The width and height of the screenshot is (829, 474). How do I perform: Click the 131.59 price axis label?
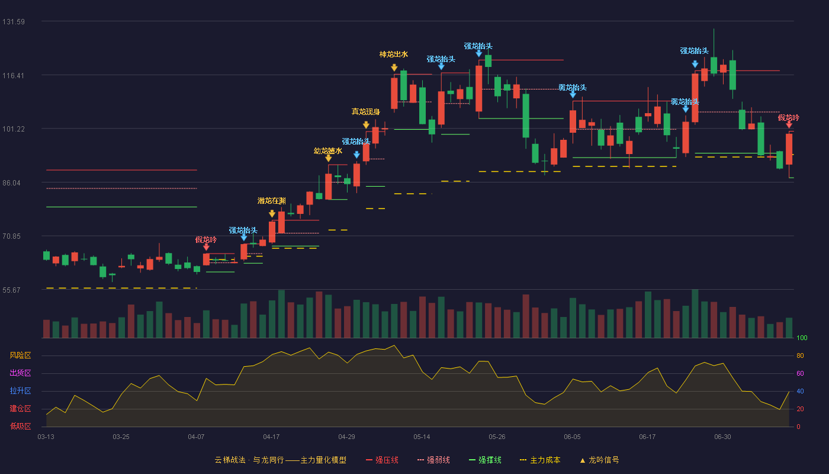(14, 22)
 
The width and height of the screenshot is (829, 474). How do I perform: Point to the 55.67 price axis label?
(11, 290)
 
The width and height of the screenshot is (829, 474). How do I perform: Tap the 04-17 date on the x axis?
(271, 437)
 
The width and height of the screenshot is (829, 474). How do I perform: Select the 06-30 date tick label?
(723, 437)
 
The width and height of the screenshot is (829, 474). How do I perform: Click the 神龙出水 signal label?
(394, 55)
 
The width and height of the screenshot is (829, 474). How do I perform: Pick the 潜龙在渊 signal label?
(272, 201)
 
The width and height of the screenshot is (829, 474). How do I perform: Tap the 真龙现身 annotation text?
(366, 111)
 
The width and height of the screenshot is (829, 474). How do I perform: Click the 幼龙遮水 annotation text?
(328, 150)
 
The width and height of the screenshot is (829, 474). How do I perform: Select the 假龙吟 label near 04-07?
(206, 239)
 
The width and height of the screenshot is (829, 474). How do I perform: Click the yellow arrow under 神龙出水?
(394, 68)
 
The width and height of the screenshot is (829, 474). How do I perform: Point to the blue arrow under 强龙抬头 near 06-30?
(695, 64)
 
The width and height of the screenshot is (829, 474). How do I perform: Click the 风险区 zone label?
(20, 355)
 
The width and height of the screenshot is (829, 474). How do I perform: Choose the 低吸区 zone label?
(20, 427)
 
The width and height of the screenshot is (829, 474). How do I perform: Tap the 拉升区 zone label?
(20, 391)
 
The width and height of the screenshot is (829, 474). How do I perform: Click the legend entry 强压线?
(383, 460)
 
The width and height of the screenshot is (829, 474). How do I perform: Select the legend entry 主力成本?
(540, 460)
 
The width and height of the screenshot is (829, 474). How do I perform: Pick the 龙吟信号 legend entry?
(599, 460)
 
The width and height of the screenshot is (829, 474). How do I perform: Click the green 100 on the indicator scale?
(802, 338)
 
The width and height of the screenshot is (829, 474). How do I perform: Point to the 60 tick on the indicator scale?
(800, 373)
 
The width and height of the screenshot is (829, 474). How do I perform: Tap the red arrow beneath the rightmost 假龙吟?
(789, 125)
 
